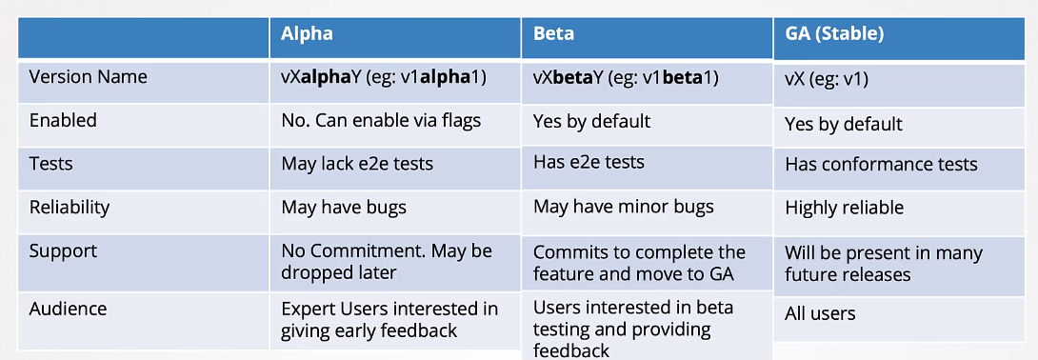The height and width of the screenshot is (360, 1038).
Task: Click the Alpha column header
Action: click(307, 33)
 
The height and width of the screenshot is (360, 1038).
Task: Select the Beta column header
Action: click(554, 33)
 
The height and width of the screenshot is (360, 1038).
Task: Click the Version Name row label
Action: click(88, 77)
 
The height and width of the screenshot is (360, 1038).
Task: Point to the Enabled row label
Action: click(63, 120)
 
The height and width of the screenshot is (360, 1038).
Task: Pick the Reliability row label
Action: click(70, 207)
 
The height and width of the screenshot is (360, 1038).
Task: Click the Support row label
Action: click(63, 250)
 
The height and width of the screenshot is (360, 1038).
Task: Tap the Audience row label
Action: click(69, 309)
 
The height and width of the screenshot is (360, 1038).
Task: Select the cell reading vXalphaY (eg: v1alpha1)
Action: click(384, 77)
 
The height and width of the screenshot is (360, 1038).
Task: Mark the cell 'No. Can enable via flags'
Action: click(381, 120)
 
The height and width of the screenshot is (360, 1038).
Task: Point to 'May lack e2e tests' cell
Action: click(357, 164)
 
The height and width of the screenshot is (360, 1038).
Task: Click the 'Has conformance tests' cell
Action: click(881, 164)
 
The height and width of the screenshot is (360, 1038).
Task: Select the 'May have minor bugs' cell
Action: click(624, 207)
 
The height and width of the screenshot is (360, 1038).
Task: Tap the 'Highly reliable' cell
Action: click(844, 208)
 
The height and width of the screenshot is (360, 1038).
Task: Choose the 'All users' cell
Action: click(820, 313)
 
